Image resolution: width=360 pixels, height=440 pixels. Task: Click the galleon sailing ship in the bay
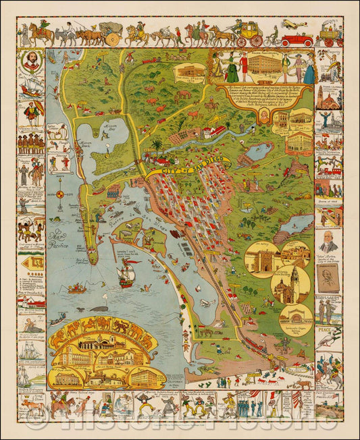[x=126, y=274]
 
